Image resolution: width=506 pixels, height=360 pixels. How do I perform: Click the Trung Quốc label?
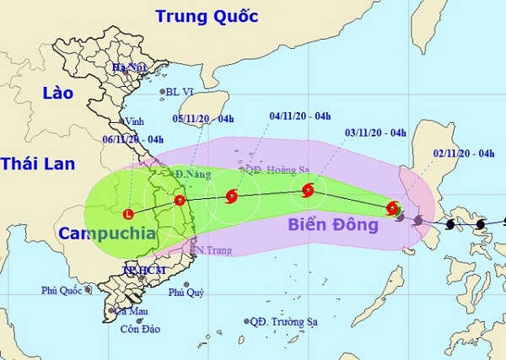tap(207, 16)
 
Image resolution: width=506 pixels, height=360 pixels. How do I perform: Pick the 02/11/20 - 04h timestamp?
tap(459, 153)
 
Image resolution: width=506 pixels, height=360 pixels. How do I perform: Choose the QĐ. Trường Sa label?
tap(276, 321)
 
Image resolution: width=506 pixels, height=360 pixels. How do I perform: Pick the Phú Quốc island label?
tap(62, 291)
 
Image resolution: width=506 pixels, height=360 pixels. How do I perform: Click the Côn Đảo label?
tap(136, 330)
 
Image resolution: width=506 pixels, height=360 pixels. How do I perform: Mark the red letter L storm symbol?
tap(128, 212)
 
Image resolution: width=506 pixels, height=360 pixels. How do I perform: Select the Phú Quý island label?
tap(186, 293)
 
